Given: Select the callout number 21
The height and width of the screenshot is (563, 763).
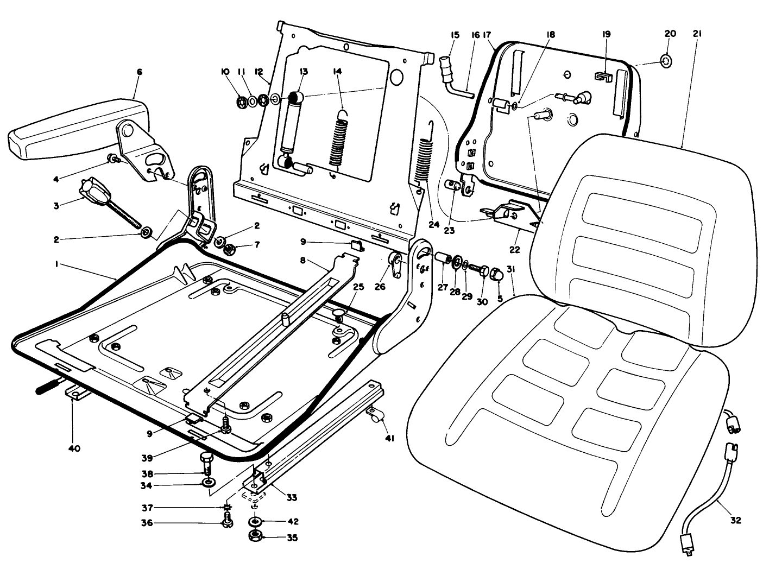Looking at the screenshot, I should (697, 34).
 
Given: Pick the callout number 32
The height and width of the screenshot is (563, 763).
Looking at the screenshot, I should (736, 520).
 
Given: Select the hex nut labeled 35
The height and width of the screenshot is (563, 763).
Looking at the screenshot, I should (254, 537).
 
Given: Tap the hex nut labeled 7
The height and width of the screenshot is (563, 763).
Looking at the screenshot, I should (229, 250).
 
